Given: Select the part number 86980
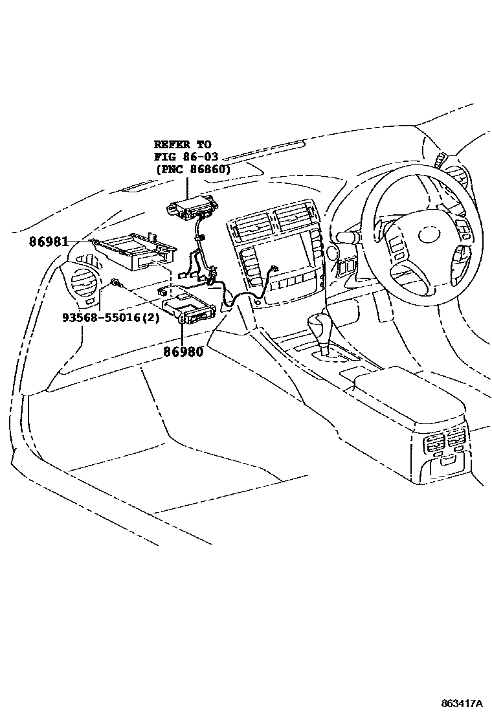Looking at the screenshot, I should pyautogui.click(x=183, y=353).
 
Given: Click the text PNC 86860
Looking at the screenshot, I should pyautogui.click(x=194, y=168).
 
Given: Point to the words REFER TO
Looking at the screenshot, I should pyautogui.click(x=182, y=144).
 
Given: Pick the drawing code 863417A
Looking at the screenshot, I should pyautogui.click(x=462, y=703).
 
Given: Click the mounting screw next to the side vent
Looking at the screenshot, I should pyautogui.click(x=115, y=282).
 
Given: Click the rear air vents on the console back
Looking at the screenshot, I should pyautogui.click(x=443, y=445).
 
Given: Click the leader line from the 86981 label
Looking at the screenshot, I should pyautogui.click(x=79, y=241).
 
